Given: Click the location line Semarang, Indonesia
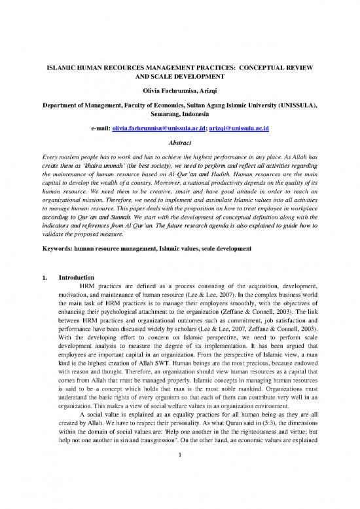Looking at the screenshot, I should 180,113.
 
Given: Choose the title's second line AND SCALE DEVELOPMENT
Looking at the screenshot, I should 180,76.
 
